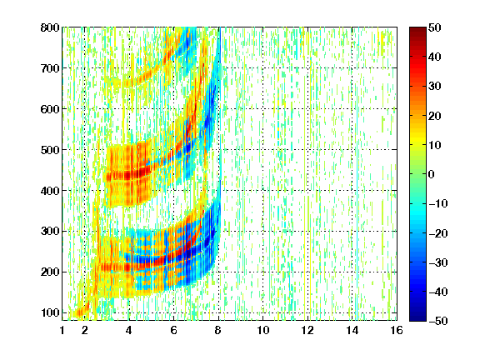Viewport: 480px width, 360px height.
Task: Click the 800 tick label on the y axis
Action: pos(50,27)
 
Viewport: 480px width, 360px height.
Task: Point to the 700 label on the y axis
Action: pos(50,68)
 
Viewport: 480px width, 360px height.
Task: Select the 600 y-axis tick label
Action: pos(50,109)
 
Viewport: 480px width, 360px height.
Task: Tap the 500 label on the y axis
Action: pos(50,150)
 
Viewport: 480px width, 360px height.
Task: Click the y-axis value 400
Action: pos(50,191)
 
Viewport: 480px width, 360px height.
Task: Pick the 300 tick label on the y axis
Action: pos(50,232)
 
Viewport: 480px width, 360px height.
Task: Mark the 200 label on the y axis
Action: pos(50,272)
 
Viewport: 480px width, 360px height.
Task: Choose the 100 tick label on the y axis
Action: pos(50,312)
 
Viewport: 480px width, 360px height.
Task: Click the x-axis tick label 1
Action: pos(62,330)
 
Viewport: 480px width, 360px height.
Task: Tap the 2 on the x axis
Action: pos(85,330)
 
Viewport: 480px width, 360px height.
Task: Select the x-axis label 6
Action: pos(173,330)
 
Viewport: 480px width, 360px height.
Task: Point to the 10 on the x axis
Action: pos(263,330)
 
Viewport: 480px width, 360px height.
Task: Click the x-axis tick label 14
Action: pos(352,330)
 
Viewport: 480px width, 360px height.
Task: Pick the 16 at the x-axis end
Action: pos(397,330)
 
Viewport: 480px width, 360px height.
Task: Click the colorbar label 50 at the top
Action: pos(434,27)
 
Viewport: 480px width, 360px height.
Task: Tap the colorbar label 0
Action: pos(432,174)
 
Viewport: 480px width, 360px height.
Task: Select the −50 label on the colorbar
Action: pos(438,321)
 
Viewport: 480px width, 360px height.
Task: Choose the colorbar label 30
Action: pos(434,86)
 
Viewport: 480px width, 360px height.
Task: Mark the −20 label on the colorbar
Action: pos(438,233)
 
